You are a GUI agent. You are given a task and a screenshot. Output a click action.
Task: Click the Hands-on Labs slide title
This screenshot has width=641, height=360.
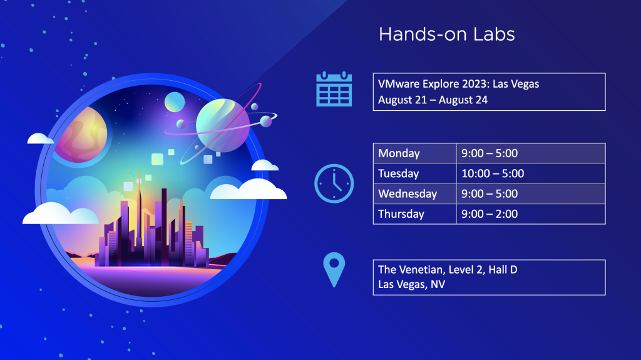[x=446, y=34]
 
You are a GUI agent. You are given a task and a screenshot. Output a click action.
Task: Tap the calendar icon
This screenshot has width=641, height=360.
[x=334, y=89]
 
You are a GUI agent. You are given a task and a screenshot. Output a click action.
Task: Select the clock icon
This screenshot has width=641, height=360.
[x=334, y=183]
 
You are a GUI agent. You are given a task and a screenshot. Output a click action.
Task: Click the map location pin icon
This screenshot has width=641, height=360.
[x=334, y=270]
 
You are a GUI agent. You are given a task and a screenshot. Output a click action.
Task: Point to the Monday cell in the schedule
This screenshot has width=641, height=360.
[x=414, y=153]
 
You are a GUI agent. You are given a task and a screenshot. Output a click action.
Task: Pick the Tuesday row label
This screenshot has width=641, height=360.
[x=399, y=173]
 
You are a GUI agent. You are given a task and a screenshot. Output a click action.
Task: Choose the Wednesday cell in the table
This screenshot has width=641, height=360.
[x=414, y=193]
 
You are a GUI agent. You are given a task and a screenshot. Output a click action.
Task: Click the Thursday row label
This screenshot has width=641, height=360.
[x=401, y=214]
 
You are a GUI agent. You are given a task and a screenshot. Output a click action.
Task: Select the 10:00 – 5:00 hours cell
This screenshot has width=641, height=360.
[x=531, y=173]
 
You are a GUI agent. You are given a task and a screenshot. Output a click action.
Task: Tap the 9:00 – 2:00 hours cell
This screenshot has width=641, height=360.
[x=531, y=214]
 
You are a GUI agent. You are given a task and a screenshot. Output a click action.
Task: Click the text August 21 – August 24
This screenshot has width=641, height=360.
[x=433, y=100]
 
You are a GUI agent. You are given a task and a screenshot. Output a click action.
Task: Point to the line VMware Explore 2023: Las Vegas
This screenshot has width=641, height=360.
[x=458, y=84]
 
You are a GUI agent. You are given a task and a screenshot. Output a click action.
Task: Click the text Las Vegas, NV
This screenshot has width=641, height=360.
[x=411, y=284]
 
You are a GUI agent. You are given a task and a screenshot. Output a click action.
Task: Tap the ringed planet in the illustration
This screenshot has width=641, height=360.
[x=223, y=125]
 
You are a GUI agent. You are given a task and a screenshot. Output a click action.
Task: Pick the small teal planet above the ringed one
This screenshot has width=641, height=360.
[x=175, y=102]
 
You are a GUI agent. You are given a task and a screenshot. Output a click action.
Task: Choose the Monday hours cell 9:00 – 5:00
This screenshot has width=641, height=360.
[x=531, y=153]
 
